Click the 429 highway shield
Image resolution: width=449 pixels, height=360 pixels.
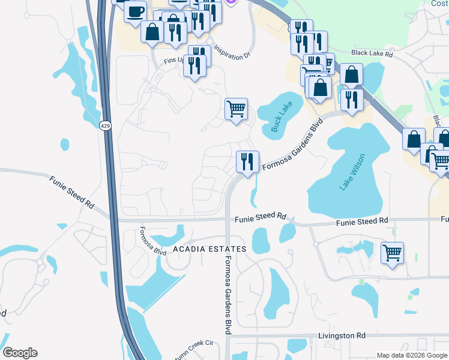(x=106, y=125)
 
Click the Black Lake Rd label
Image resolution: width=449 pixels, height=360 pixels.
(x=372, y=53)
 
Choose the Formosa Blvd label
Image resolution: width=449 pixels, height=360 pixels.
(x=144, y=240)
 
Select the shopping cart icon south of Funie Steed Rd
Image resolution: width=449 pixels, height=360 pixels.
(x=392, y=252)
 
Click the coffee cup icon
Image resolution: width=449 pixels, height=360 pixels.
(x=136, y=10)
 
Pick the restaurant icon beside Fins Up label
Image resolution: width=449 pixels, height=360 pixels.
(x=194, y=64)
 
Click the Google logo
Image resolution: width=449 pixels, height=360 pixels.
(x=20, y=353)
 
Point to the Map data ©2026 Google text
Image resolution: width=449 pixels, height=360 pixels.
(x=412, y=355)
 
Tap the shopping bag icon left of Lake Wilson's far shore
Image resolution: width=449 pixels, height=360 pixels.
(x=414, y=139)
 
